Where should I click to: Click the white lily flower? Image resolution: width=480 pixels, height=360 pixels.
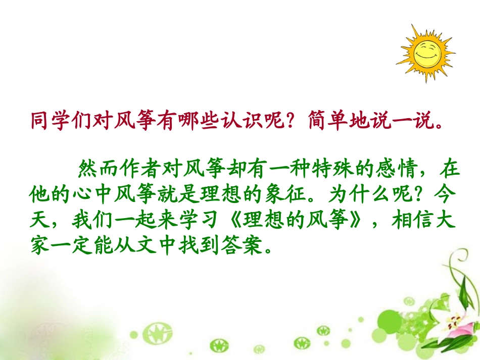[455, 323]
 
